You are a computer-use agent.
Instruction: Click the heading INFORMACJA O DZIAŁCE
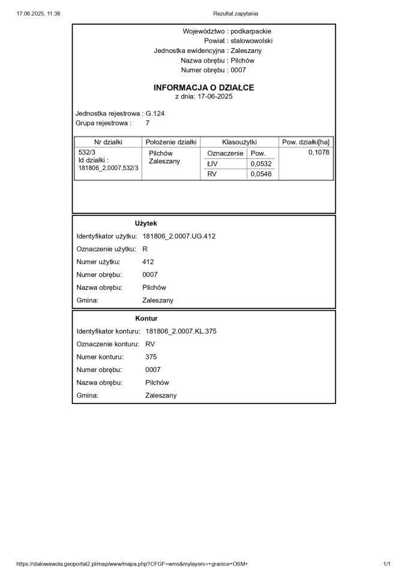coord(203,88)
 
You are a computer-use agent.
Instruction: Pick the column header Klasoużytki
coord(240,142)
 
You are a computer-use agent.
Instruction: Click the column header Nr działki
coord(108,142)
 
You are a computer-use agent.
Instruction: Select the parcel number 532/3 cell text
coord(88,153)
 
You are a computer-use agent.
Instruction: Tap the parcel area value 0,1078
coord(319,153)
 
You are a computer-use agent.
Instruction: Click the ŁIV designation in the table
coord(213,163)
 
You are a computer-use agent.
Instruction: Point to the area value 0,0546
coord(261,174)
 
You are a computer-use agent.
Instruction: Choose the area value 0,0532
coord(261,163)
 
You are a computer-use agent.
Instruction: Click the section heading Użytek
coord(146,223)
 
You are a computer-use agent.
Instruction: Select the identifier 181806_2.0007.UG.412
coord(179,236)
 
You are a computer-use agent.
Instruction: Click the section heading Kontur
coord(146,318)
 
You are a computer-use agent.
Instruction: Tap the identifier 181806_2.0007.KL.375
coord(181,331)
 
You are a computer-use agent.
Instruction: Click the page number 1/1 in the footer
coord(387,564)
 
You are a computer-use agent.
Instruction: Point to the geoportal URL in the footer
coord(132,564)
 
